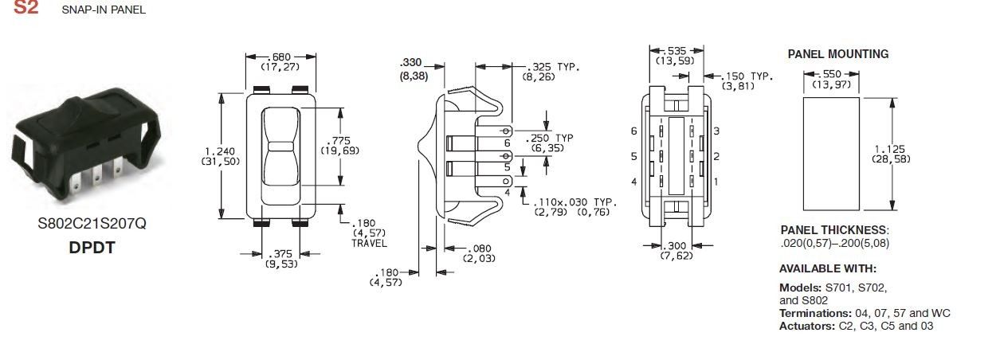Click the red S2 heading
pos(25,9)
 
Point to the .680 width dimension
pos(280,57)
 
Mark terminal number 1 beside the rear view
pos(716,182)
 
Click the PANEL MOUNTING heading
pos(837,54)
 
